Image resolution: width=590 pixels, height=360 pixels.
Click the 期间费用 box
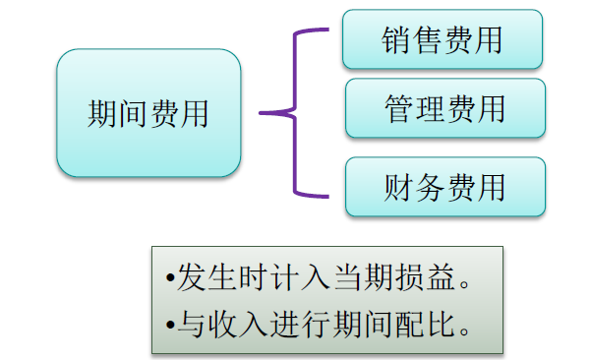tap(148, 113)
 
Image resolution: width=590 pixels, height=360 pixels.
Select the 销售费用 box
tap(442, 39)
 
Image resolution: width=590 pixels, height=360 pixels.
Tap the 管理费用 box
tap(444, 107)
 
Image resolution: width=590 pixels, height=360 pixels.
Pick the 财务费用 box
tap(444, 186)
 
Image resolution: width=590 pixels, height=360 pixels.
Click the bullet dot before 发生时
tap(170, 279)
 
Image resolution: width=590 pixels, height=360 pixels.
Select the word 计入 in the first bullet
tap(300, 278)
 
